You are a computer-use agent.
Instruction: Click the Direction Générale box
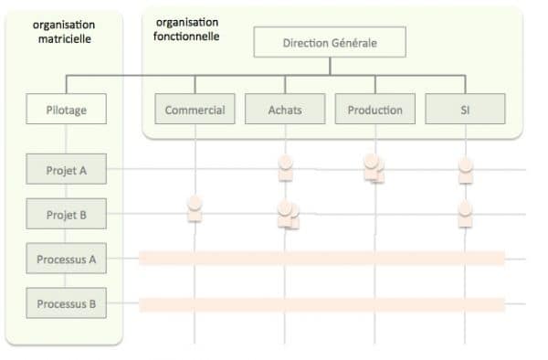330,42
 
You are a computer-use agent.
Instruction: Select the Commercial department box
195,110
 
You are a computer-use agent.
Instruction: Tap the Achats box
284,110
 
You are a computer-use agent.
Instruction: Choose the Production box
374,110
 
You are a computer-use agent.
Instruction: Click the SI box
465,110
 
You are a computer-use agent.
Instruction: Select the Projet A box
66,170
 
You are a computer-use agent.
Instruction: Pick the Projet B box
66,215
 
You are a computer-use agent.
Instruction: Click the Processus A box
66,259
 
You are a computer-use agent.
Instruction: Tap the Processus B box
66,303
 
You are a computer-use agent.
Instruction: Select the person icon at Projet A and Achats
285,168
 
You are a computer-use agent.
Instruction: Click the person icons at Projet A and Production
374,167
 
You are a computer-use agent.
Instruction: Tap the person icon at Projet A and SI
465,169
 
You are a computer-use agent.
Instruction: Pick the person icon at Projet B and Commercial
194,208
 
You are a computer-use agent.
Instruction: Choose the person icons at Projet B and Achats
287,215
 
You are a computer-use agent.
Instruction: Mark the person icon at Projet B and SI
465,213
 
